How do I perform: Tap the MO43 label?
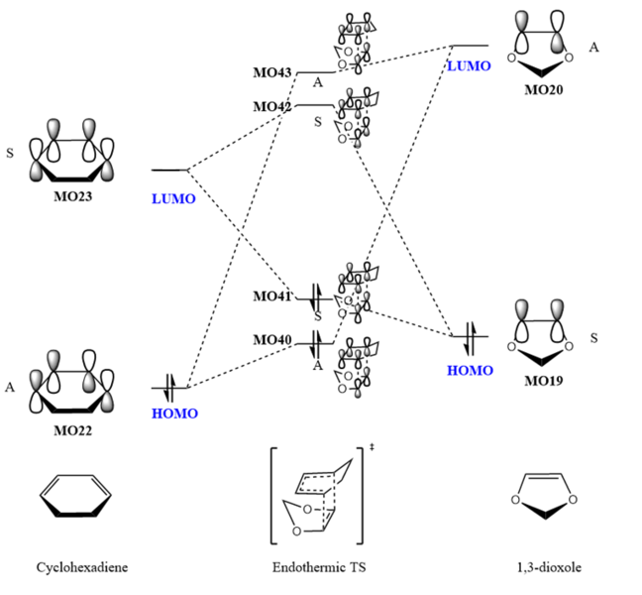point(271,72)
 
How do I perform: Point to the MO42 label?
point(271,106)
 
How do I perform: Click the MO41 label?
point(271,297)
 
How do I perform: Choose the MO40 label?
point(271,340)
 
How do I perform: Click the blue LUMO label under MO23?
point(174,198)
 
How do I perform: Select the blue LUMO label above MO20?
point(469,65)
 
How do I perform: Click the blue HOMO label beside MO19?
point(471,368)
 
